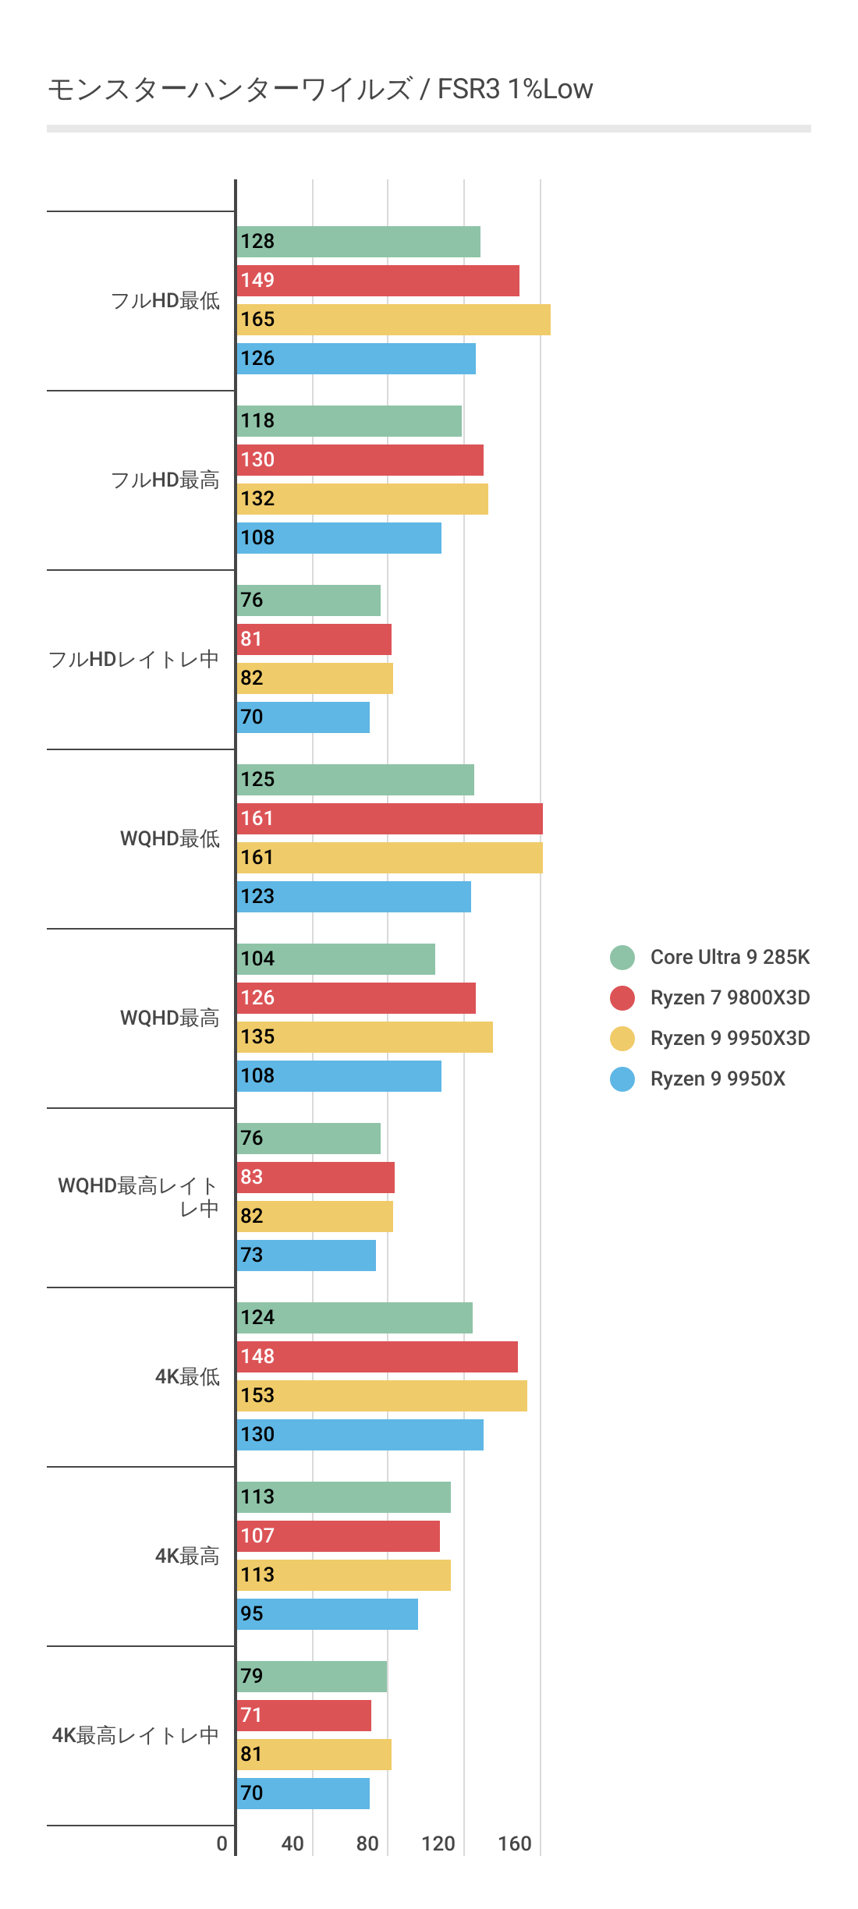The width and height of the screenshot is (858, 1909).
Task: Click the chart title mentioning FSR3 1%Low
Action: click(x=320, y=90)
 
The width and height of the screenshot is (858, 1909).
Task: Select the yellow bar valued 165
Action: click(x=393, y=320)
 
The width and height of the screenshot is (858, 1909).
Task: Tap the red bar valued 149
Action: click(x=378, y=281)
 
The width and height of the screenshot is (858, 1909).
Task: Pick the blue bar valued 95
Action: click(x=327, y=1614)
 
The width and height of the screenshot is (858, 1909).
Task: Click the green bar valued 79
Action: click(x=311, y=1677)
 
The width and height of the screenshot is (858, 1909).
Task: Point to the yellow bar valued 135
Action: click(x=364, y=1037)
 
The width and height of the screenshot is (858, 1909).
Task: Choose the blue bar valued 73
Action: click(x=306, y=1256)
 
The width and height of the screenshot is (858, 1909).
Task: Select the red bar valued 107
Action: click(x=338, y=1536)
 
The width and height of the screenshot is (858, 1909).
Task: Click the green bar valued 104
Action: click(x=335, y=959)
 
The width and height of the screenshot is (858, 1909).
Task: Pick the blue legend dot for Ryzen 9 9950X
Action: click(x=622, y=1078)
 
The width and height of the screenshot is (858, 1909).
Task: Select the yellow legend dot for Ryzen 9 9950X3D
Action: click(x=622, y=1038)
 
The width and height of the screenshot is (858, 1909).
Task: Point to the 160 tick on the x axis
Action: click(x=515, y=1843)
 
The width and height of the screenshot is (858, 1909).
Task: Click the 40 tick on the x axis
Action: click(x=292, y=1843)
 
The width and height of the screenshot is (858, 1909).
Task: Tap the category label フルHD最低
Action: click(x=165, y=301)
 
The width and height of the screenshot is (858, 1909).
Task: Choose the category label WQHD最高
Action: click(x=170, y=1018)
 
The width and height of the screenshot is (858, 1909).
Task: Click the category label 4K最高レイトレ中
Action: click(x=136, y=1736)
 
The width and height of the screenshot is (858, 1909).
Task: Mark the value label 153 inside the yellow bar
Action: click(x=257, y=1396)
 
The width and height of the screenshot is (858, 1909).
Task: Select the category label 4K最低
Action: click(x=187, y=1377)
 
